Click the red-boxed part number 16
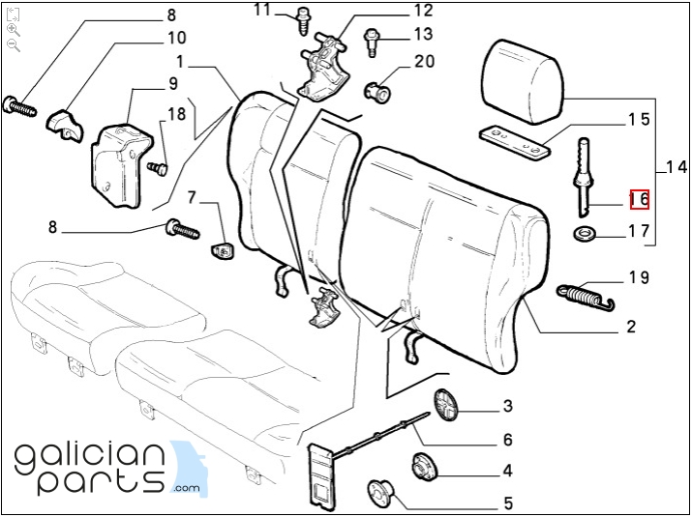640,199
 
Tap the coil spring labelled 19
586,296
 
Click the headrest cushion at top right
522,82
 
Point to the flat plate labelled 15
515,143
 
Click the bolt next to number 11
304,20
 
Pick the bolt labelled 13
371,43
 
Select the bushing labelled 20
377,91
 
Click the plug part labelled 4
424,467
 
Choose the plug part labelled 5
381,493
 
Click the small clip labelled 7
222,250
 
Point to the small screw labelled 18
158,168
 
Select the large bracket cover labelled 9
122,165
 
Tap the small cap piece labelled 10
65,126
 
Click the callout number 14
677,167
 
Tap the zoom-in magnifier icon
14,30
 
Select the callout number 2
631,327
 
